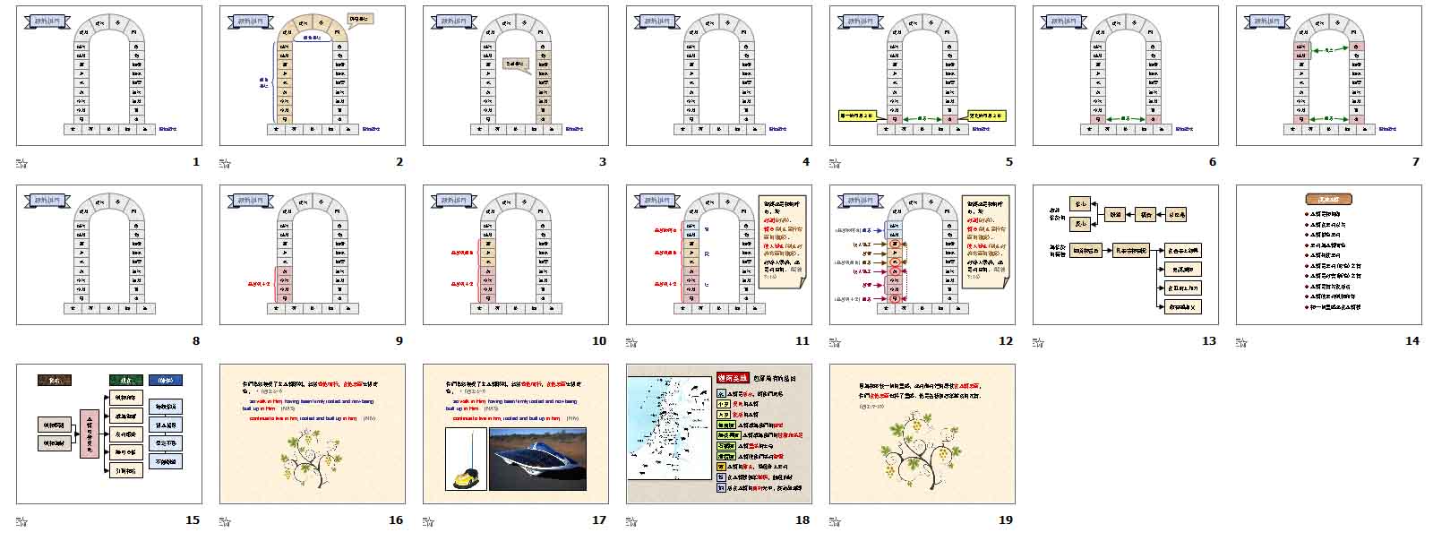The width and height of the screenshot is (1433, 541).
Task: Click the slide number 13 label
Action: pos(1209,341)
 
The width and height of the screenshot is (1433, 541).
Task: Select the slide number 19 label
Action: pos(1006,520)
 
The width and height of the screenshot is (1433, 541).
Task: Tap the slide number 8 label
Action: pos(196,341)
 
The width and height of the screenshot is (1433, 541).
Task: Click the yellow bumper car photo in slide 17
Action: pos(467,459)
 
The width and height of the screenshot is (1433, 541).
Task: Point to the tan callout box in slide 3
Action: pos(516,64)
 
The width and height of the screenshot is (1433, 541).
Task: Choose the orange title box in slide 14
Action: pos(1328,200)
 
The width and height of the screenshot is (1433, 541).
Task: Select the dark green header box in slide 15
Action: pos(125,380)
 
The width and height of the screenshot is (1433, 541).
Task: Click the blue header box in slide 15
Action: pos(165,380)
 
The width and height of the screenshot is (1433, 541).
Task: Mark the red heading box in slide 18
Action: pos(732,378)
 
